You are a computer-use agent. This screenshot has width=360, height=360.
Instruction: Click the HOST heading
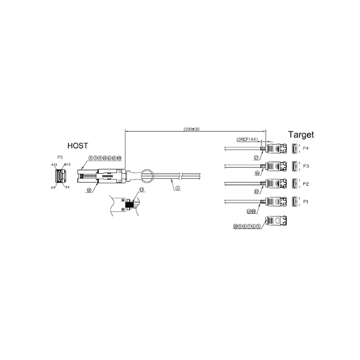[77, 145]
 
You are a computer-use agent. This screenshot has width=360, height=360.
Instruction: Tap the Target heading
[301, 134]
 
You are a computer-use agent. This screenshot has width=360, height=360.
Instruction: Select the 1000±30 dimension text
[192, 129]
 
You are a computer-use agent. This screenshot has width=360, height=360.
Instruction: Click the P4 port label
[306, 148]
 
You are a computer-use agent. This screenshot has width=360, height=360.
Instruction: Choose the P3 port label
[306, 166]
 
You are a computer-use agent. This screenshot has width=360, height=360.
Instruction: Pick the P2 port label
[306, 184]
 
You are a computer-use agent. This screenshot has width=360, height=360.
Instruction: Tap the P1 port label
[306, 202]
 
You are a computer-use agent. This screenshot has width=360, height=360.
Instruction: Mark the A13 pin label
[54, 165]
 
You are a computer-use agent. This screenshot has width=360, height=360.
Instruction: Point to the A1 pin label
[53, 187]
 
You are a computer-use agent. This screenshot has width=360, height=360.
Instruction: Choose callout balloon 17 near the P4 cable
[256, 157]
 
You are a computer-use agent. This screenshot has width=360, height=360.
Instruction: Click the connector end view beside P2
[294, 184]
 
